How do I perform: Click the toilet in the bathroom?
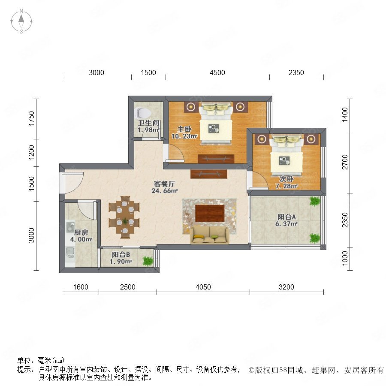coord(142,113)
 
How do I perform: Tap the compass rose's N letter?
coord(21,11)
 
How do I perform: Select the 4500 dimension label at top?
coord(217,72)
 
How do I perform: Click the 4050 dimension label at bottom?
coord(203,287)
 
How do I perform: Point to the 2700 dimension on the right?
coord(345,162)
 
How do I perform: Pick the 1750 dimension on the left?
coord(31,119)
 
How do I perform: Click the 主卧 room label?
coord(184,129)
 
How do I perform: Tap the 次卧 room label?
coord(286,179)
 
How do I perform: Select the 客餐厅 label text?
coord(164,184)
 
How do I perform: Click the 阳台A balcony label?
coord(286,217)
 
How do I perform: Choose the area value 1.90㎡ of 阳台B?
coord(121,262)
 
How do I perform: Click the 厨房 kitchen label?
coord(81,232)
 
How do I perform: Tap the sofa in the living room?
coord(209,235)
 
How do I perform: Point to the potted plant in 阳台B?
coord(148,261)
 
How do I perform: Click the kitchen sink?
coord(70,253)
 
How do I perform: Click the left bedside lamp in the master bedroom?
coord(190,107)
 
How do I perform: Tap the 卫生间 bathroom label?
coord(149,123)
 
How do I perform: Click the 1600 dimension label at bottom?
coord(81,287)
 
